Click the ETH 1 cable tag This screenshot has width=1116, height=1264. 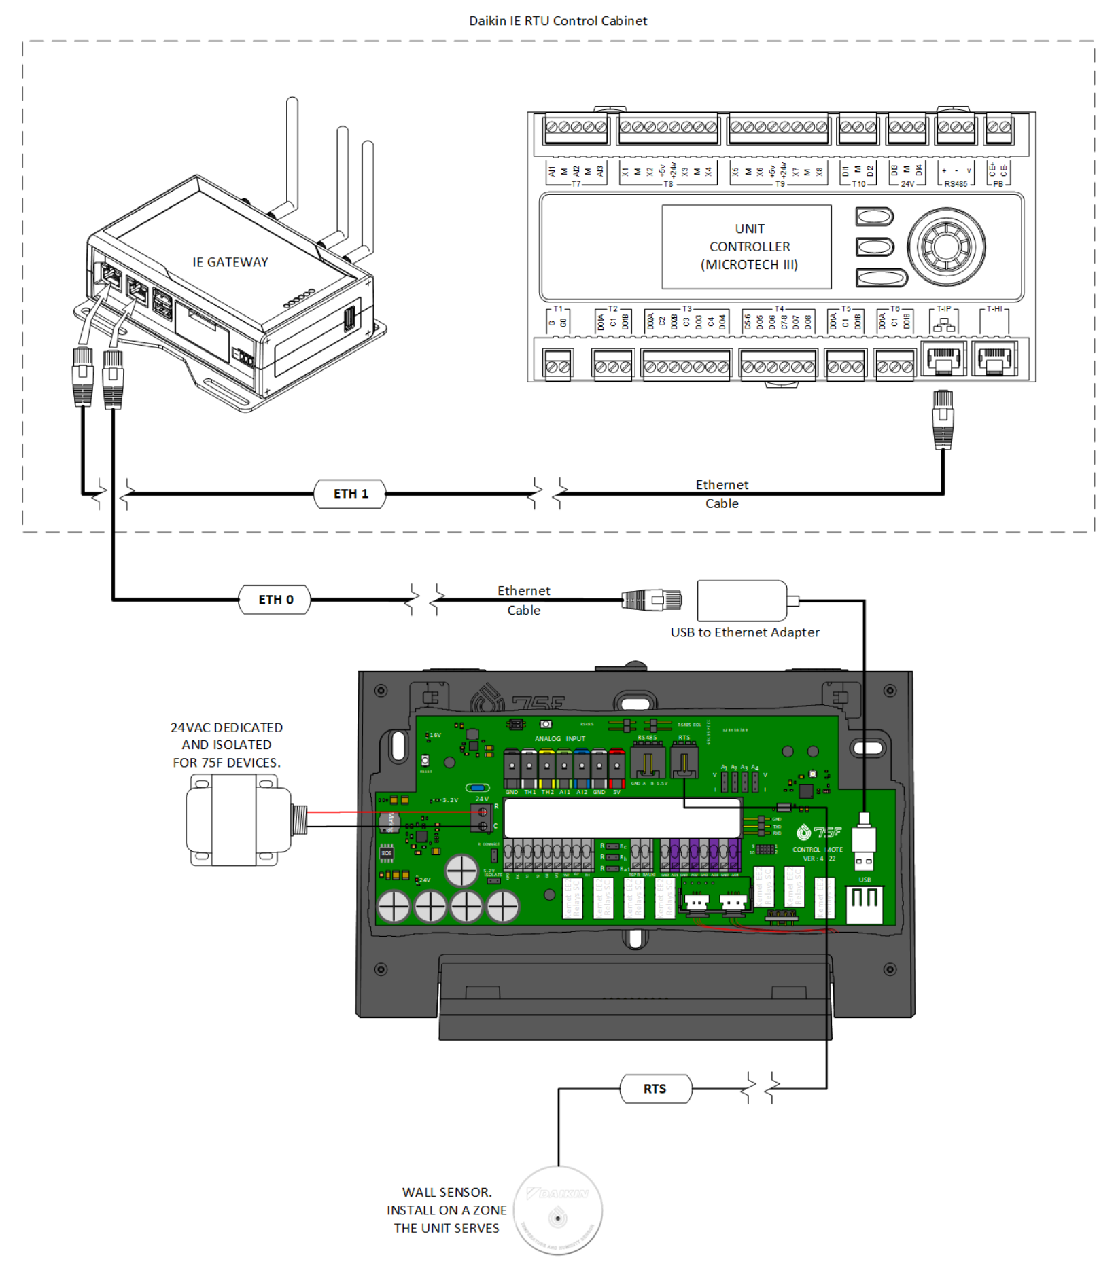[x=349, y=494]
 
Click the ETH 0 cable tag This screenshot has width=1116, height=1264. [x=275, y=600]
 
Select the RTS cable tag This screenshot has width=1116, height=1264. [x=655, y=1089]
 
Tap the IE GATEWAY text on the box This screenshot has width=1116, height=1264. [x=230, y=262]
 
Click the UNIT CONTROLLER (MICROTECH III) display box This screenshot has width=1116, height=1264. [x=746, y=247]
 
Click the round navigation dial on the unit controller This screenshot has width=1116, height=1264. [x=945, y=247]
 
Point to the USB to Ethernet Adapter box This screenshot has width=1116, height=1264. [x=742, y=600]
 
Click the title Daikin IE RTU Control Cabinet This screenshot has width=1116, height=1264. [x=557, y=21]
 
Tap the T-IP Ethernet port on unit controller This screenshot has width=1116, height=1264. [x=943, y=359]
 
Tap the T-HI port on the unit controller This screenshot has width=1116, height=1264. [x=994, y=359]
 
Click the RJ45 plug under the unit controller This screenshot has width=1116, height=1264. [x=943, y=419]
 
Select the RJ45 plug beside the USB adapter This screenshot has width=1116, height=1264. [x=652, y=600]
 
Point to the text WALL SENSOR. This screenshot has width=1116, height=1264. [x=447, y=1192]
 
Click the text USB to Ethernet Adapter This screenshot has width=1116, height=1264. [x=745, y=632]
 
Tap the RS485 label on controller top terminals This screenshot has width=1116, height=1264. [x=955, y=183]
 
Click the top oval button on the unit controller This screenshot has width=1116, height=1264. [x=873, y=217]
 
